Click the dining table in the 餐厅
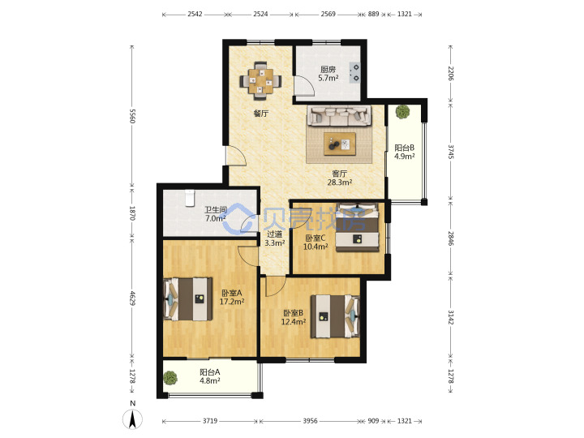(x=260, y=80)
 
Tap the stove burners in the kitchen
(x=354, y=73)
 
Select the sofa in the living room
(x=339, y=115)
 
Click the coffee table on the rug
(x=340, y=144)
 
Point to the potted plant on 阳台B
(x=402, y=112)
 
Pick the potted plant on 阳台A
(x=170, y=378)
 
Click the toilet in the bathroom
(x=190, y=198)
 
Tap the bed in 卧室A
(x=188, y=299)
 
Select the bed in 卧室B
(x=335, y=316)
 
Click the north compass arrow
(x=132, y=419)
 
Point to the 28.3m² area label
(x=340, y=182)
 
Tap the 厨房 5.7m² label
(x=328, y=74)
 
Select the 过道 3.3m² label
(x=275, y=238)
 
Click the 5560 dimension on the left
(x=132, y=116)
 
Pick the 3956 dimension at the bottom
(x=310, y=421)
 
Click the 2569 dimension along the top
(x=328, y=14)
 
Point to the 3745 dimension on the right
(x=451, y=152)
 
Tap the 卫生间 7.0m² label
(x=215, y=214)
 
